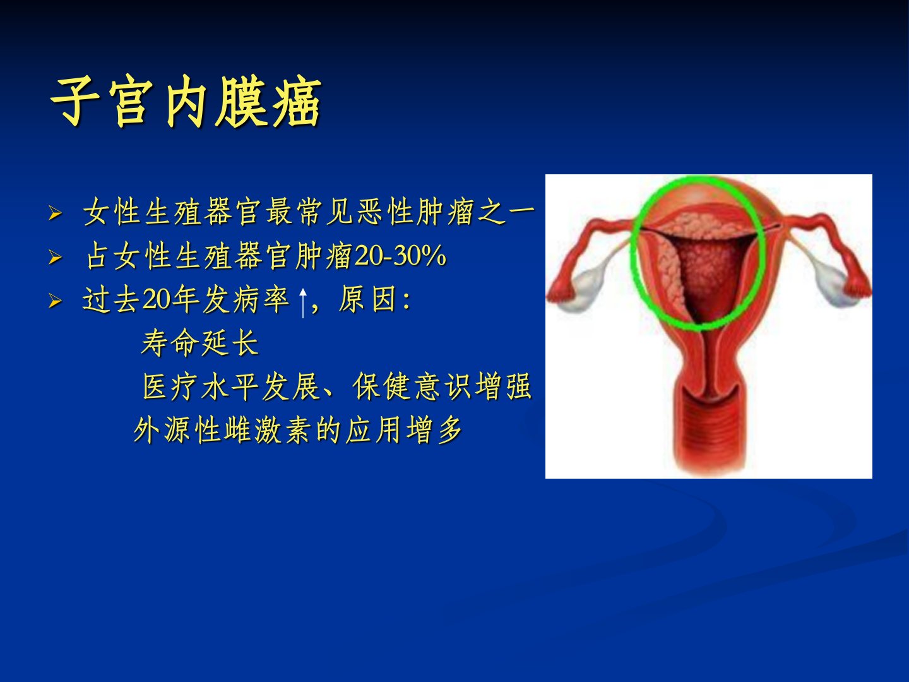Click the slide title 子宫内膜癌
pos(186,102)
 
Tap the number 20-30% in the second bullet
pos(400,256)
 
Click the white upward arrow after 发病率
pos(303,303)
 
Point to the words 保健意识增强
pos(442,386)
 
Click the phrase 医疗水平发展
pos(230,386)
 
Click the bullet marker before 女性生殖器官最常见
pos(55,213)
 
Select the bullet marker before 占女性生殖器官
pos(55,257)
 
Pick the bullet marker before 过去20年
pos(55,301)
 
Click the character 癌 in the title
pos(297,102)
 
